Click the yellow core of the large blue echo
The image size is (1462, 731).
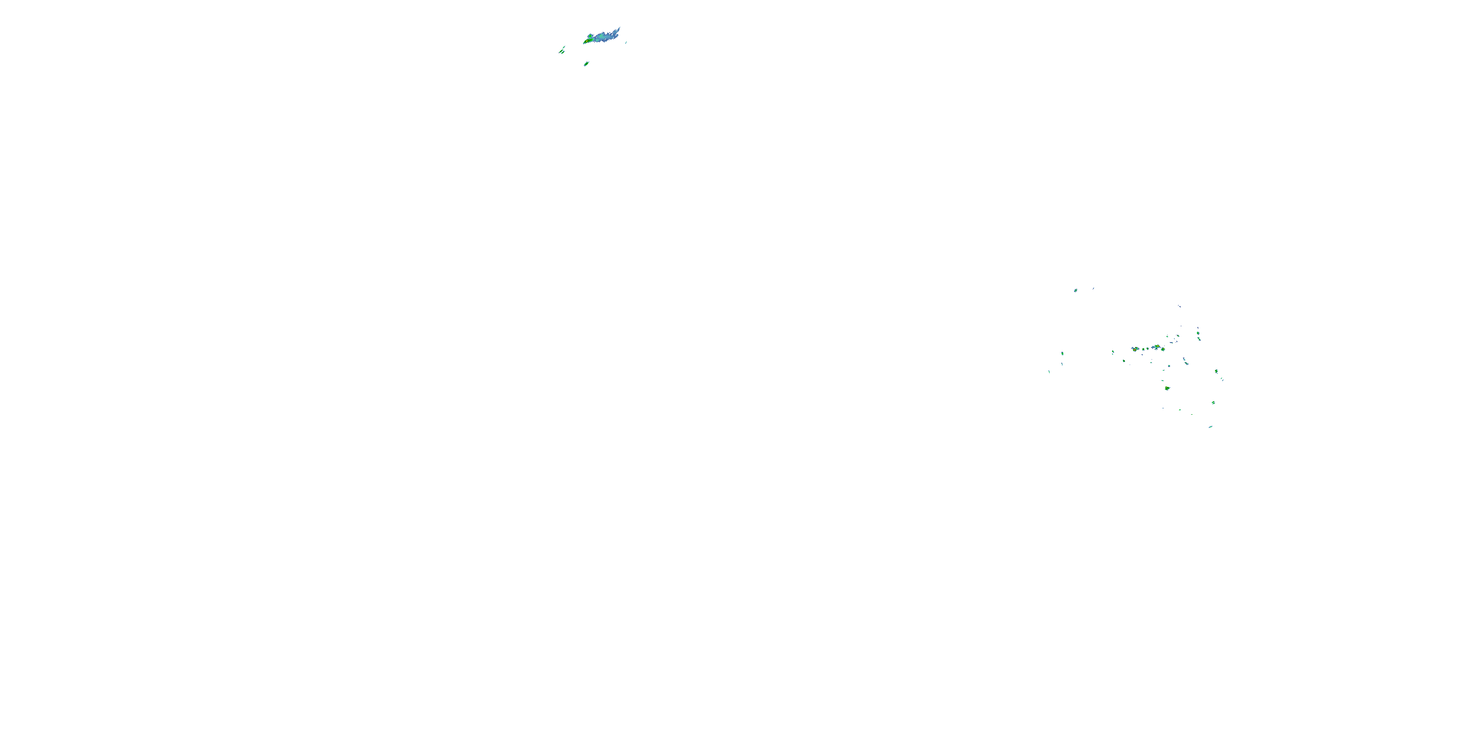[x=587, y=41]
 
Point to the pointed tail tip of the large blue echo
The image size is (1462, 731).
[x=620, y=27]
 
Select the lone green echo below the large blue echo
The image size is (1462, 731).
[x=586, y=65]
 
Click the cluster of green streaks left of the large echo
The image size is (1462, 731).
[x=562, y=52]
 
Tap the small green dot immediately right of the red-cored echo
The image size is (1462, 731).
[x=1144, y=349]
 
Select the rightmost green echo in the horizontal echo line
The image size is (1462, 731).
[x=1163, y=349]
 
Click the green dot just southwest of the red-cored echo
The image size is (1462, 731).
[x=1124, y=361]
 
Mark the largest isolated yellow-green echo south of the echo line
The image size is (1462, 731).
[x=1168, y=389]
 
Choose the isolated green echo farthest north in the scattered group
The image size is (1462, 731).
[x=1076, y=290]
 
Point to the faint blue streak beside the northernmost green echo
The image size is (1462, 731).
[x=1093, y=289]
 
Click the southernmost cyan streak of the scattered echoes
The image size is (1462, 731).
[x=1211, y=426]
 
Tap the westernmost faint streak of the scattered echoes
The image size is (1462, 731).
[x=1049, y=372]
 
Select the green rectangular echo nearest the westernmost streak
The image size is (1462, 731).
[x=1062, y=354]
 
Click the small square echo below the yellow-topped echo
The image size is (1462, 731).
[x=1169, y=366]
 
